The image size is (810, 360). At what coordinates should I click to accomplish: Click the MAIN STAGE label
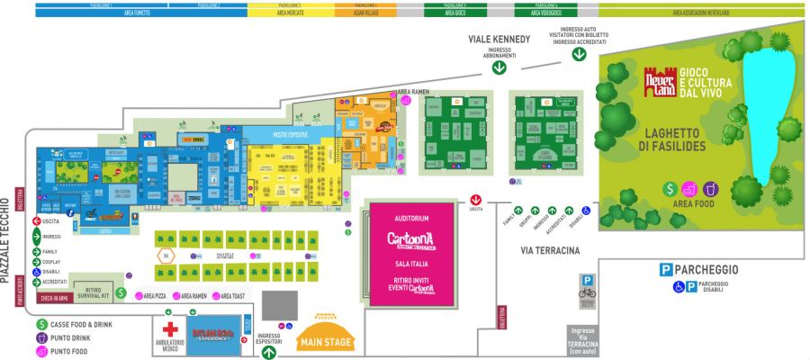tap(326, 342)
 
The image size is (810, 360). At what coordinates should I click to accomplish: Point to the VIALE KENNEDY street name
tap(499, 40)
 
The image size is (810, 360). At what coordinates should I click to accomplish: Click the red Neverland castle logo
tap(658, 81)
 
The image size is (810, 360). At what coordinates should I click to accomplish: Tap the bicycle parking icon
tap(587, 292)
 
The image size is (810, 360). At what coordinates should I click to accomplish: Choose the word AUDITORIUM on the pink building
tap(411, 219)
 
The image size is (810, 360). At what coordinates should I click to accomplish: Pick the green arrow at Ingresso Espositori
tap(269, 352)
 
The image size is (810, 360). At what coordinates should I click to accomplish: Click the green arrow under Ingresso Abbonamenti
tap(499, 67)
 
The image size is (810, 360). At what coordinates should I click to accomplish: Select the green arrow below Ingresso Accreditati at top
tap(580, 53)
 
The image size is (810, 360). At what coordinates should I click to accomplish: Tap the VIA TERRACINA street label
tap(548, 250)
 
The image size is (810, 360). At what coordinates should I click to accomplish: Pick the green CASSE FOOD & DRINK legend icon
tap(41, 324)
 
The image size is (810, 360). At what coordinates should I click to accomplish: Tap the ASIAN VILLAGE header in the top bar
tap(362, 13)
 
